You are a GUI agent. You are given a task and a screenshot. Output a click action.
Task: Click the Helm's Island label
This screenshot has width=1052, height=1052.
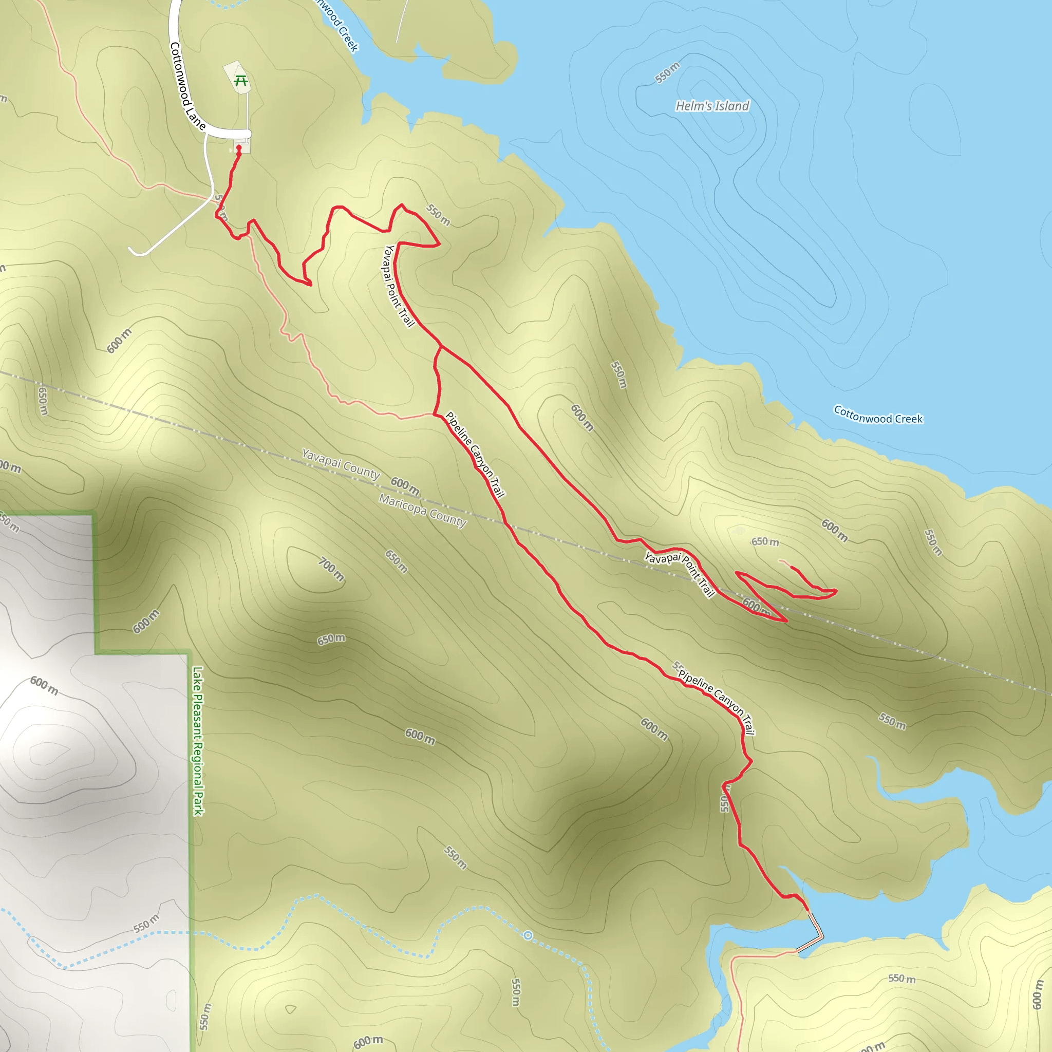712,106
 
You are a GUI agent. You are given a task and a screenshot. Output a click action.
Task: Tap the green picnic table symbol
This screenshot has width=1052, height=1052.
241,81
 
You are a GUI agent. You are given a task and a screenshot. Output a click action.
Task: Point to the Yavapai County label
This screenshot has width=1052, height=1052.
341,464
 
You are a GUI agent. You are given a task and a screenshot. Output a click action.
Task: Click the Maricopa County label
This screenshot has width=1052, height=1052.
423,511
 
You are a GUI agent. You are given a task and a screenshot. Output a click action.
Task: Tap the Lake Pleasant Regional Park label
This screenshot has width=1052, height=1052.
198,741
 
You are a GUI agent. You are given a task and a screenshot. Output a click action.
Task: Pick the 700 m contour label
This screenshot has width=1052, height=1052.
332,570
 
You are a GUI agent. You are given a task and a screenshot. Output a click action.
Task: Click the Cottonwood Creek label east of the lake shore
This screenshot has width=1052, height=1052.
878,415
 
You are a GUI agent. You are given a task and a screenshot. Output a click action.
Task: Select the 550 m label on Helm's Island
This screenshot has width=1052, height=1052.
667,73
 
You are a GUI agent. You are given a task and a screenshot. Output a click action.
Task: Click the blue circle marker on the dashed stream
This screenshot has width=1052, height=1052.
528,935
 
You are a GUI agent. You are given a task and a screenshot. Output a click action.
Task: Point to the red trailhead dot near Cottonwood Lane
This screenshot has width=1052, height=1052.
238,147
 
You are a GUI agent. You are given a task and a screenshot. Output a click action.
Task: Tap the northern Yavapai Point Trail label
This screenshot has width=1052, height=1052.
399,286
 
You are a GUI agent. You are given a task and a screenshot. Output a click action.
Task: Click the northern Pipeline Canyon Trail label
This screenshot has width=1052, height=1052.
475,455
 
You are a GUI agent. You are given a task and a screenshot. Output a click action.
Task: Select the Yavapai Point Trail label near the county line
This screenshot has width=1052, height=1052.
680,574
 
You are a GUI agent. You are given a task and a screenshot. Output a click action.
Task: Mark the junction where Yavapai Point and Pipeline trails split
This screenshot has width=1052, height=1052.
441,346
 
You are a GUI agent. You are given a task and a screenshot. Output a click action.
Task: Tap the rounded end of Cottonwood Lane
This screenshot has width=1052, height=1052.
248,134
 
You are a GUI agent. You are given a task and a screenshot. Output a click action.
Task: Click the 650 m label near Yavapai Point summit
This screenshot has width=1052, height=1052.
765,542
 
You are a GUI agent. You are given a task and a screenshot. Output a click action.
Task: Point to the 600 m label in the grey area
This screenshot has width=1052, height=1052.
44,685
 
